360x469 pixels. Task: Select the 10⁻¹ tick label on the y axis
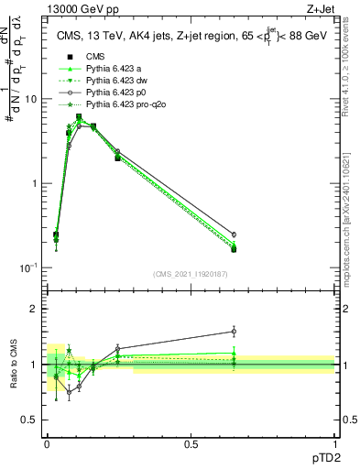[x=30, y=267]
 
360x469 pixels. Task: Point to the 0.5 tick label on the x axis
[x=191, y=442]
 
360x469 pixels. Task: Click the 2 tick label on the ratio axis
[x=34, y=309]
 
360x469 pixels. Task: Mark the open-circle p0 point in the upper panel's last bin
[x=234, y=234]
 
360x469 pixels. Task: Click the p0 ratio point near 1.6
[x=234, y=332]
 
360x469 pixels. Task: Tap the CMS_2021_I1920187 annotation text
[x=190, y=273]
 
